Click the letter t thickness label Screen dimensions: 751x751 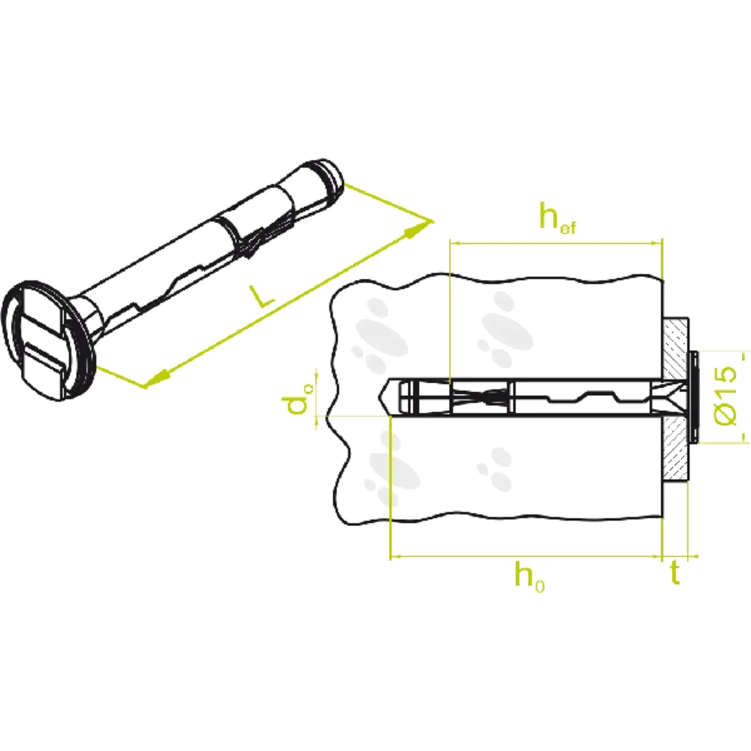click(x=675, y=574)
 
